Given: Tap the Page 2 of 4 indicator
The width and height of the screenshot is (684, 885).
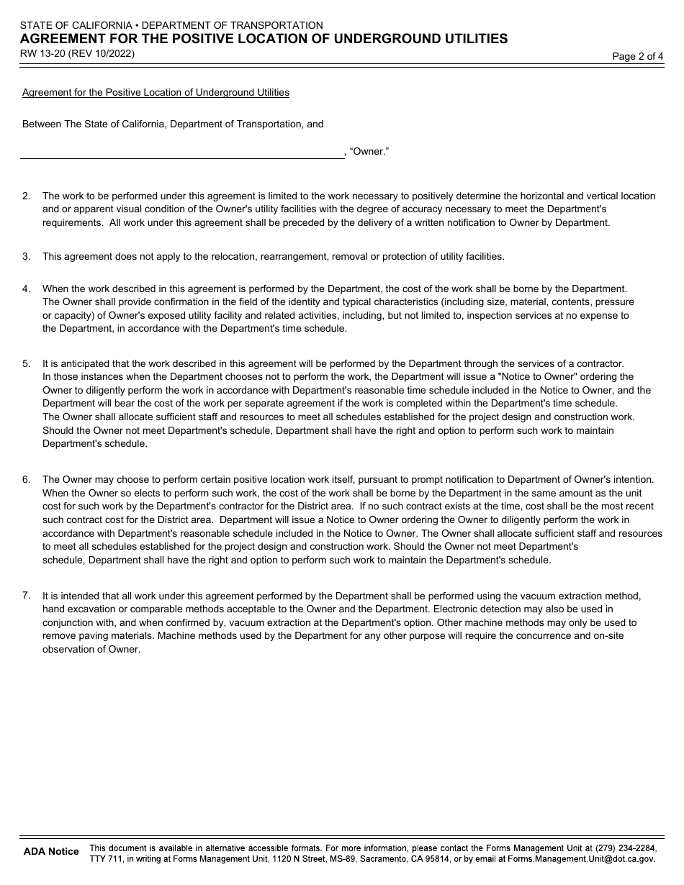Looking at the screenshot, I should [x=637, y=57].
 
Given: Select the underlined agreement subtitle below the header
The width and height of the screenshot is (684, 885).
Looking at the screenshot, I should [x=156, y=92].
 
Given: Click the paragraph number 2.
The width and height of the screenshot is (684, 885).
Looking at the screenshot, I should [x=27, y=196].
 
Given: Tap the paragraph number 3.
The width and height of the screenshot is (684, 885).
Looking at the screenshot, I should [x=27, y=256].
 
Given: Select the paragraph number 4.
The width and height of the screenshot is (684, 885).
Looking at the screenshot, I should [x=27, y=289].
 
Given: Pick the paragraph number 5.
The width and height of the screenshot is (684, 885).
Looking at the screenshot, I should [x=27, y=363].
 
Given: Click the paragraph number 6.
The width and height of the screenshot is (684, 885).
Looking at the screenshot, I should [x=27, y=479].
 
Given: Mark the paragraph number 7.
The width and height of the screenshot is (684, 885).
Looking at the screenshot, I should [x=27, y=595].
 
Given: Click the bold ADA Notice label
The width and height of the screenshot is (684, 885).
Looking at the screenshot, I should [x=51, y=851].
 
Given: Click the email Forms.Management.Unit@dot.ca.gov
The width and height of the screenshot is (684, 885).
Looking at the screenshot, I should [x=581, y=859].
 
